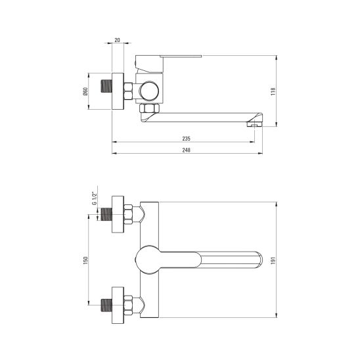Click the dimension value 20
[117, 40]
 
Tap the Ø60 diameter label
[85, 91]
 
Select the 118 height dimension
[273, 91]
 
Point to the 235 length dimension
[186, 139]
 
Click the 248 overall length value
[186, 150]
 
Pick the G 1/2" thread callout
[95, 198]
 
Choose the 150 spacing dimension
[85, 260]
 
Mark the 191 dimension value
[273, 260]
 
